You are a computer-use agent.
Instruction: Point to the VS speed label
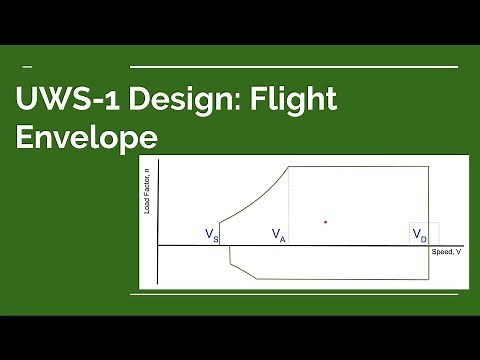[x=212, y=235]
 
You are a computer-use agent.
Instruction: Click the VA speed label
[x=279, y=235]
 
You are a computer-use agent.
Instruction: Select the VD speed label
[x=420, y=235]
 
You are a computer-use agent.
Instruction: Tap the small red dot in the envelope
[x=325, y=220]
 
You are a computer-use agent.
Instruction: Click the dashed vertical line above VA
[x=289, y=200]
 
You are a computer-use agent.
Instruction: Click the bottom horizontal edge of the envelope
[x=340, y=278]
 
